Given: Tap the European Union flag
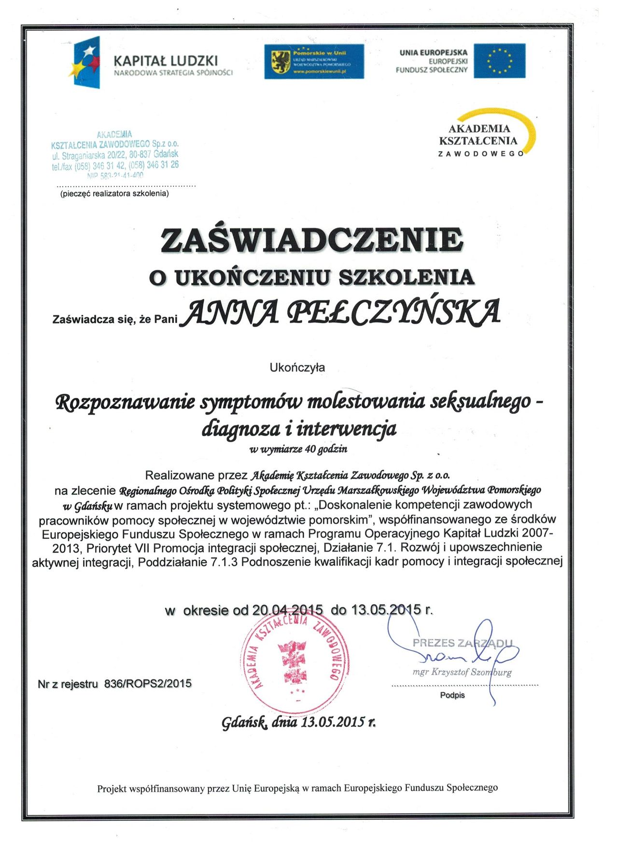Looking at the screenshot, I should point(499,61).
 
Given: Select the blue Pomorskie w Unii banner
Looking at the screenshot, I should point(314,61).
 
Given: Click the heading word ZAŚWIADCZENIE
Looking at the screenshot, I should point(312,240).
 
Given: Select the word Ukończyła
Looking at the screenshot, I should point(297,368).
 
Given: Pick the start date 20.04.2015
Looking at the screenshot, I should point(287,610).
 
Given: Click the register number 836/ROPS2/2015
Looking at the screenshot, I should point(148,683).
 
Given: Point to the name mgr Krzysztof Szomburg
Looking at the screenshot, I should point(462,672).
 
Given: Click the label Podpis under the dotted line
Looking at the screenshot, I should point(452,695).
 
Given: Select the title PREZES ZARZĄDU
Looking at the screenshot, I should point(462,643).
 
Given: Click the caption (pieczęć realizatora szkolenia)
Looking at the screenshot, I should point(114,194).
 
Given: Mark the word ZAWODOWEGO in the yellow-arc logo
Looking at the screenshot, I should point(480,154).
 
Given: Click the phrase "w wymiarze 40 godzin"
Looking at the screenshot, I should point(298,449).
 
